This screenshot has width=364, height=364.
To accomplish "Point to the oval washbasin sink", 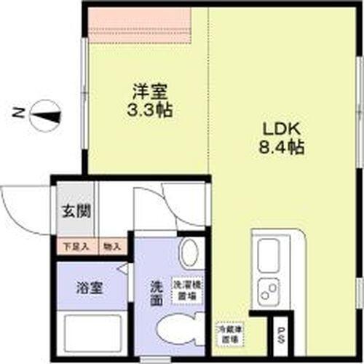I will point(189,254).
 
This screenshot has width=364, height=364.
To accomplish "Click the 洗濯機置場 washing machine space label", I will point(186,290).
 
